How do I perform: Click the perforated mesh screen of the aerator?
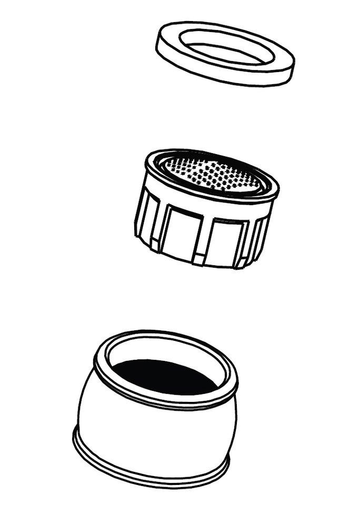pyautogui.click(x=213, y=174)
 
